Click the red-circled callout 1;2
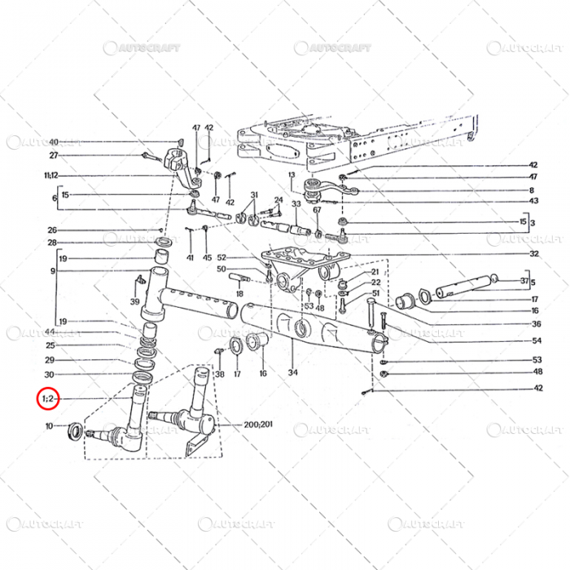point(48,399)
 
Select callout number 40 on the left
point(54,142)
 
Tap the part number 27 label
point(54,156)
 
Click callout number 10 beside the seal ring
point(50,426)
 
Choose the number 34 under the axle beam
point(292,373)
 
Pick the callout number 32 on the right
point(534,253)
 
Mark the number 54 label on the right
point(537,340)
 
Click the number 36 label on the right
point(537,323)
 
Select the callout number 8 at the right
point(533,189)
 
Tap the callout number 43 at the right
point(533,201)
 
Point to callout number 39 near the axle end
point(134,302)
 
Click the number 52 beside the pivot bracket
point(221,257)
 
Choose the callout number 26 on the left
point(51,230)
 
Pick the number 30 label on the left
point(50,375)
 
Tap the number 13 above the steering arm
point(292,175)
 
